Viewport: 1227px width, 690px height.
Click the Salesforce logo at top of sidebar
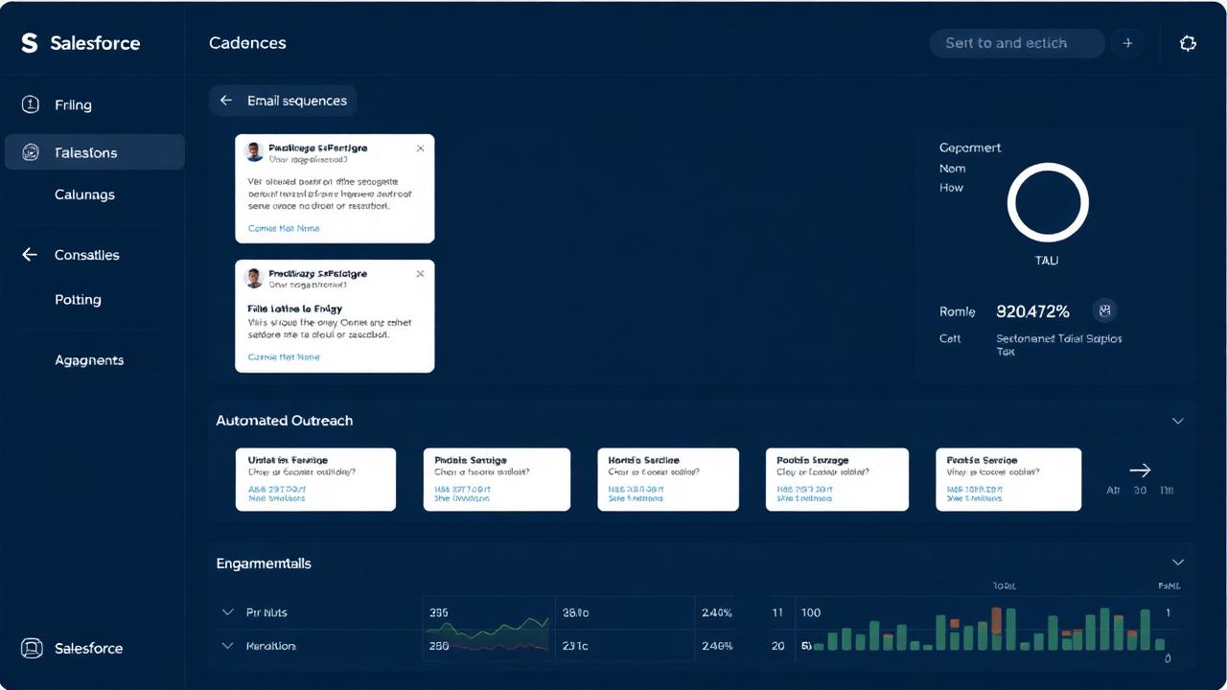pyautogui.click(x=30, y=43)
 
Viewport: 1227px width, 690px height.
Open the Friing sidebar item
pyautogui.click(x=73, y=104)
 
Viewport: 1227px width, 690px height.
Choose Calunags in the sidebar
pyautogui.click(x=84, y=195)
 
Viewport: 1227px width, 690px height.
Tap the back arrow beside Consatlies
pyautogui.click(x=30, y=255)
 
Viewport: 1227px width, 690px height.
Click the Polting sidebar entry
pyautogui.click(x=78, y=299)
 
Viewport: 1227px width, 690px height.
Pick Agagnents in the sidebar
pyautogui.click(x=89, y=360)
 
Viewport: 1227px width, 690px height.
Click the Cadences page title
pyautogui.click(x=247, y=43)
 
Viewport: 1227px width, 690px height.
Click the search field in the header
pyautogui.click(x=1016, y=43)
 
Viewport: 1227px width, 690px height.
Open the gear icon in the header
pyautogui.click(x=1188, y=43)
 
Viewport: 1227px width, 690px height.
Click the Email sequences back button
pyautogui.click(x=284, y=101)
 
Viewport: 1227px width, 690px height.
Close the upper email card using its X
pyautogui.click(x=420, y=149)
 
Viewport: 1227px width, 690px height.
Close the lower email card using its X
pyautogui.click(x=420, y=274)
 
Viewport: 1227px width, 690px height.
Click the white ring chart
pyautogui.click(x=1048, y=202)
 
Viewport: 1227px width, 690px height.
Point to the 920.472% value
pyautogui.click(x=1032, y=310)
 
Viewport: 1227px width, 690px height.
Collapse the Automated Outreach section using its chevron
pyautogui.click(x=1178, y=421)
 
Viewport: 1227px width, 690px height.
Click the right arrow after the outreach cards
pyautogui.click(x=1140, y=470)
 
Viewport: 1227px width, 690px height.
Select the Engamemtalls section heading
pyautogui.click(x=264, y=563)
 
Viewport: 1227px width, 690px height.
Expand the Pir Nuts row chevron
pyautogui.click(x=228, y=612)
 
